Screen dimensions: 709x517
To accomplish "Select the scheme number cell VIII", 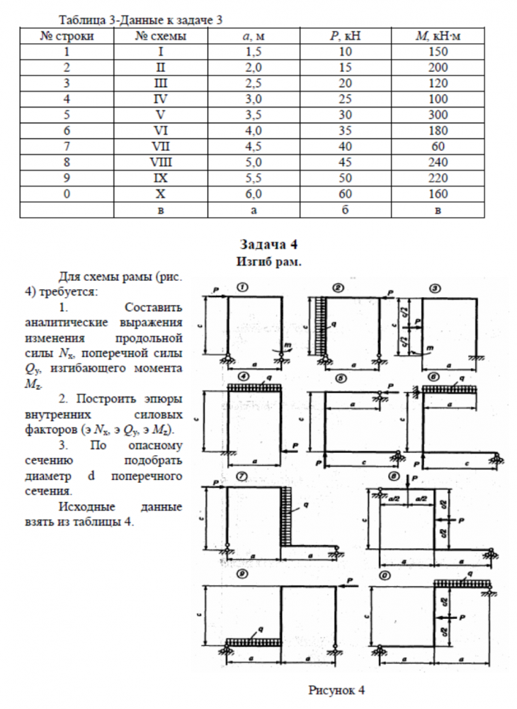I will (x=161, y=162).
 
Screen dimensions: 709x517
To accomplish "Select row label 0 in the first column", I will (x=67, y=194).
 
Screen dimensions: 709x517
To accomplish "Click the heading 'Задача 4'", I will (x=268, y=245).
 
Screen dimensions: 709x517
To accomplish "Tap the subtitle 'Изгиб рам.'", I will (x=268, y=261).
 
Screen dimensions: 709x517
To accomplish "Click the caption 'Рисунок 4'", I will (x=336, y=689).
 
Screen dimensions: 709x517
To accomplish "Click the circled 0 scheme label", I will (x=385, y=576).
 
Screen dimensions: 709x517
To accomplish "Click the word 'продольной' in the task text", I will (x=155, y=337).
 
